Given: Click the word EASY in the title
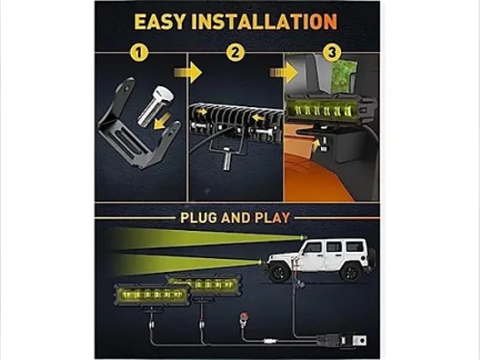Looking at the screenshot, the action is [x=160, y=22].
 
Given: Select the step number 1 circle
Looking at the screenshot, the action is [x=139, y=53].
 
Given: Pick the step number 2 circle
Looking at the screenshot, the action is [x=235, y=53].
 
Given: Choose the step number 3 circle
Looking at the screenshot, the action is [x=332, y=53].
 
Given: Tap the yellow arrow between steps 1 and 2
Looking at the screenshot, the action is [x=188, y=73].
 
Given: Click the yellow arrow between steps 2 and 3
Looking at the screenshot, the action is [x=284, y=73].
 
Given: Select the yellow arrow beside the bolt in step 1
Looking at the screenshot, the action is [x=163, y=120].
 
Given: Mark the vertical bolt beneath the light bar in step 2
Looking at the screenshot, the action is [x=227, y=158].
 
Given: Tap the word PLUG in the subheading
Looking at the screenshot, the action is [x=198, y=217].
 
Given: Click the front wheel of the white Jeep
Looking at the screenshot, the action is [x=278, y=273].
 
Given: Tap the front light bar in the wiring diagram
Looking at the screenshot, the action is [x=152, y=295].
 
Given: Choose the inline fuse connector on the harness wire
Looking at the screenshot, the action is [x=270, y=340].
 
